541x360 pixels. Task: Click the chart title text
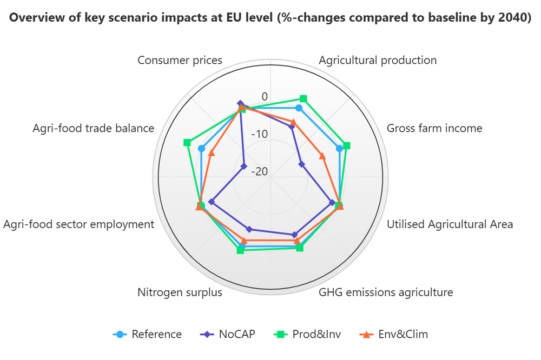[x=270, y=17]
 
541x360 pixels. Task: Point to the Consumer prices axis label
[x=180, y=60]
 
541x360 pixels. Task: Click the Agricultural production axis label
[x=378, y=60]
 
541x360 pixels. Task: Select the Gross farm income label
[x=434, y=128]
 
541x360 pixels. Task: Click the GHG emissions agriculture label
[x=386, y=292]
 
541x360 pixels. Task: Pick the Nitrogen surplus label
[x=180, y=292]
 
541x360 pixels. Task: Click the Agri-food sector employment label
[x=79, y=224]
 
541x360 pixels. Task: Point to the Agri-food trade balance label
[x=94, y=128]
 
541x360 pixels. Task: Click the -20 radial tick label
[x=259, y=171]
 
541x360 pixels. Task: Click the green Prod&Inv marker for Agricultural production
[x=304, y=98]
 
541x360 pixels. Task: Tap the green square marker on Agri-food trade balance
[x=187, y=143]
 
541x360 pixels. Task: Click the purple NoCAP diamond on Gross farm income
[x=301, y=164]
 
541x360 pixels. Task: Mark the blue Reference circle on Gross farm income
[x=340, y=148]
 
